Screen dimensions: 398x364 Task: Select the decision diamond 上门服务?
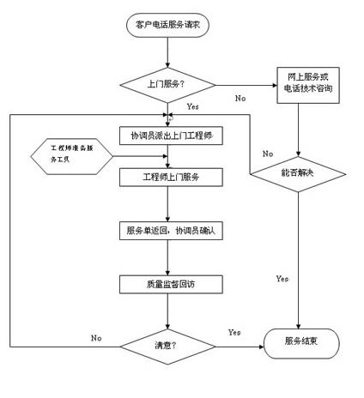[x=167, y=85]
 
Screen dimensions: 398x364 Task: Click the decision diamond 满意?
[x=167, y=345]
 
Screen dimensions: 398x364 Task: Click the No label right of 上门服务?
[x=240, y=99]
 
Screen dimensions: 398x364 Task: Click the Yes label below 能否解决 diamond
[x=282, y=279]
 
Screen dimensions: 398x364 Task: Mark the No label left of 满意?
[x=96, y=337]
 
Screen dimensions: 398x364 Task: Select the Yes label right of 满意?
[x=234, y=332]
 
